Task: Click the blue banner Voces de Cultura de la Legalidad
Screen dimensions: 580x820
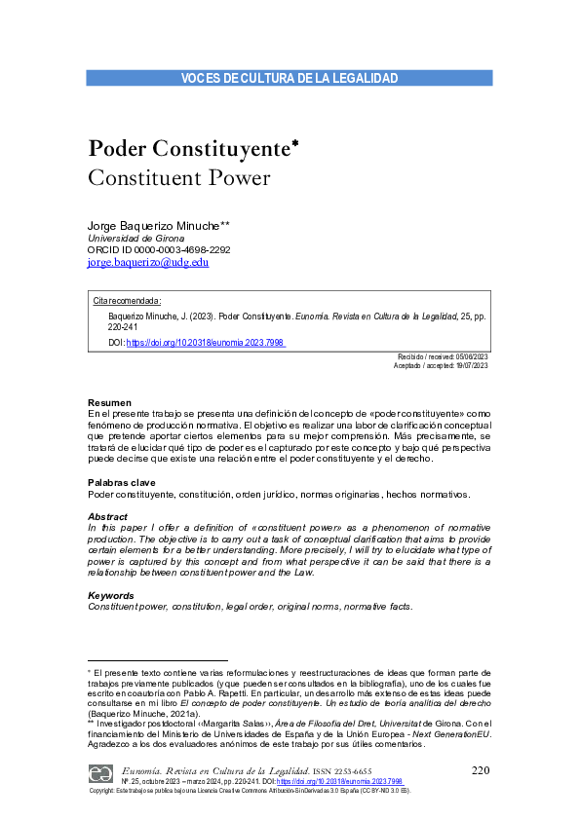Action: (x=290, y=78)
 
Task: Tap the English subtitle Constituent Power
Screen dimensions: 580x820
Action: (x=178, y=178)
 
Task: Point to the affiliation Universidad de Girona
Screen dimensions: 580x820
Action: (x=136, y=238)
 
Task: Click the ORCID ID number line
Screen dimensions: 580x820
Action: (x=159, y=249)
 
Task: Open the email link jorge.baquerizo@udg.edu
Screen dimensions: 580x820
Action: (x=148, y=262)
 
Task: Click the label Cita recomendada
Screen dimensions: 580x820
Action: (x=127, y=301)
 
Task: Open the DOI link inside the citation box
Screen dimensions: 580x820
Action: (x=206, y=343)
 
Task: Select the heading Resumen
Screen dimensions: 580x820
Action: (x=109, y=403)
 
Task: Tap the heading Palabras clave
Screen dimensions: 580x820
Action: (x=121, y=483)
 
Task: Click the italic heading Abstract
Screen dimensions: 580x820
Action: (x=107, y=516)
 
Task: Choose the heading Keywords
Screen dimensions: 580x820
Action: (x=111, y=595)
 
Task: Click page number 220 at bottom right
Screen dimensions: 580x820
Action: (x=479, y=771)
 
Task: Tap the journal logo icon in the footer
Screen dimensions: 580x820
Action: (x=100, y=772)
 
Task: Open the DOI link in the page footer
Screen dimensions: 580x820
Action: (x=339, y=782)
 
